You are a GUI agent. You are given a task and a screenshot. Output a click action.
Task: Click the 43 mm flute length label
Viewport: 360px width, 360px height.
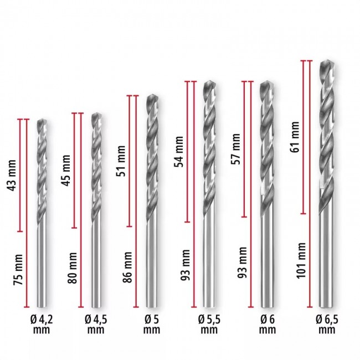tap(12, 176)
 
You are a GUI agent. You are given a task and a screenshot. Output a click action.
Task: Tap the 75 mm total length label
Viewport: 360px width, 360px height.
tap(18, 270)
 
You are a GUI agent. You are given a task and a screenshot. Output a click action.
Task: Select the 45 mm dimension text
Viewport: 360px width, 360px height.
tap(66, 171)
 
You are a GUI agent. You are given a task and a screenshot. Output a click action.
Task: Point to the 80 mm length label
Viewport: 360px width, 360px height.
tap(73, 268)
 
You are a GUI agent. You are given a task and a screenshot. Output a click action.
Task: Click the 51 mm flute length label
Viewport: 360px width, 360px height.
tap(121, 161)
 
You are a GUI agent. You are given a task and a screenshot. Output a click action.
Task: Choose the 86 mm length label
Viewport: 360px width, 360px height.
tap(127, 268)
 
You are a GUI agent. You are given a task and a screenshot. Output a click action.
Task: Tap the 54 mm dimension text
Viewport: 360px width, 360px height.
tap(179, 152)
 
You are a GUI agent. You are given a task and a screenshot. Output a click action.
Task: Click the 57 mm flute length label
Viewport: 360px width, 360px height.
tap(236, 149)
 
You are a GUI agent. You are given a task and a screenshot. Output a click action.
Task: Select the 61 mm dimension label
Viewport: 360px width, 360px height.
tap(295, 137)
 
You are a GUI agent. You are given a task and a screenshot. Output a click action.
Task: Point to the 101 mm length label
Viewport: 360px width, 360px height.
tap(301, 261)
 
